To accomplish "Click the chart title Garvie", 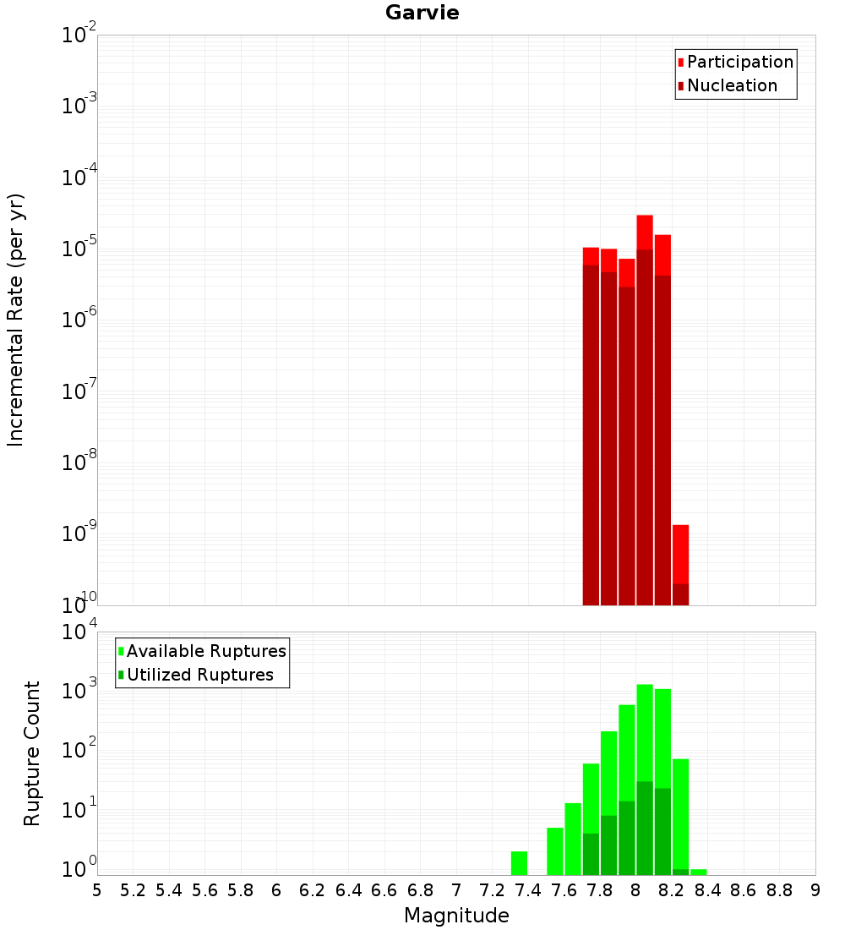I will click(422, 13).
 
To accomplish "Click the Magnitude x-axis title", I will click(456, 916).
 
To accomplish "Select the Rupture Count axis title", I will click(32, 752).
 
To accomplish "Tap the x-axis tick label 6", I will click(276, 890).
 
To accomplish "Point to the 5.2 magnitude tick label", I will click(133, 890).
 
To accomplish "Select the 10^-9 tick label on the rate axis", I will click(79, 533).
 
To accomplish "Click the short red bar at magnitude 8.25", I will click(680, 554).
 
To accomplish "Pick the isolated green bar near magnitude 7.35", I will click(519, 863).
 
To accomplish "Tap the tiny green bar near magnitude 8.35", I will click(698, 872).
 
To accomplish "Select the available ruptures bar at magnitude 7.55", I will click(554, 851).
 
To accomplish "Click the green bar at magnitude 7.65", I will click(573, 839).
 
